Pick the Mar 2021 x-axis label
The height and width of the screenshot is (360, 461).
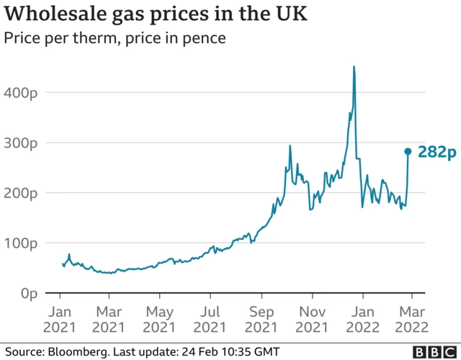tap(109, 319)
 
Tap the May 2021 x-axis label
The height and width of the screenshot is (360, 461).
tap(160, 319)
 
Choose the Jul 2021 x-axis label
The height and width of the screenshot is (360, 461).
tap(210, 319)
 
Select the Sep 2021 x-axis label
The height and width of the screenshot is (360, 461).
tap(261, 319)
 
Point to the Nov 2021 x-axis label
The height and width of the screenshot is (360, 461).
tap(312, 319)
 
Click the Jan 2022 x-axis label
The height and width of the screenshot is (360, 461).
tap(362, 319)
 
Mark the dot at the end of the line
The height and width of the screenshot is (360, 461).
tap(408, 151)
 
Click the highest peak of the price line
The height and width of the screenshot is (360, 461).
tap(354, 67)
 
